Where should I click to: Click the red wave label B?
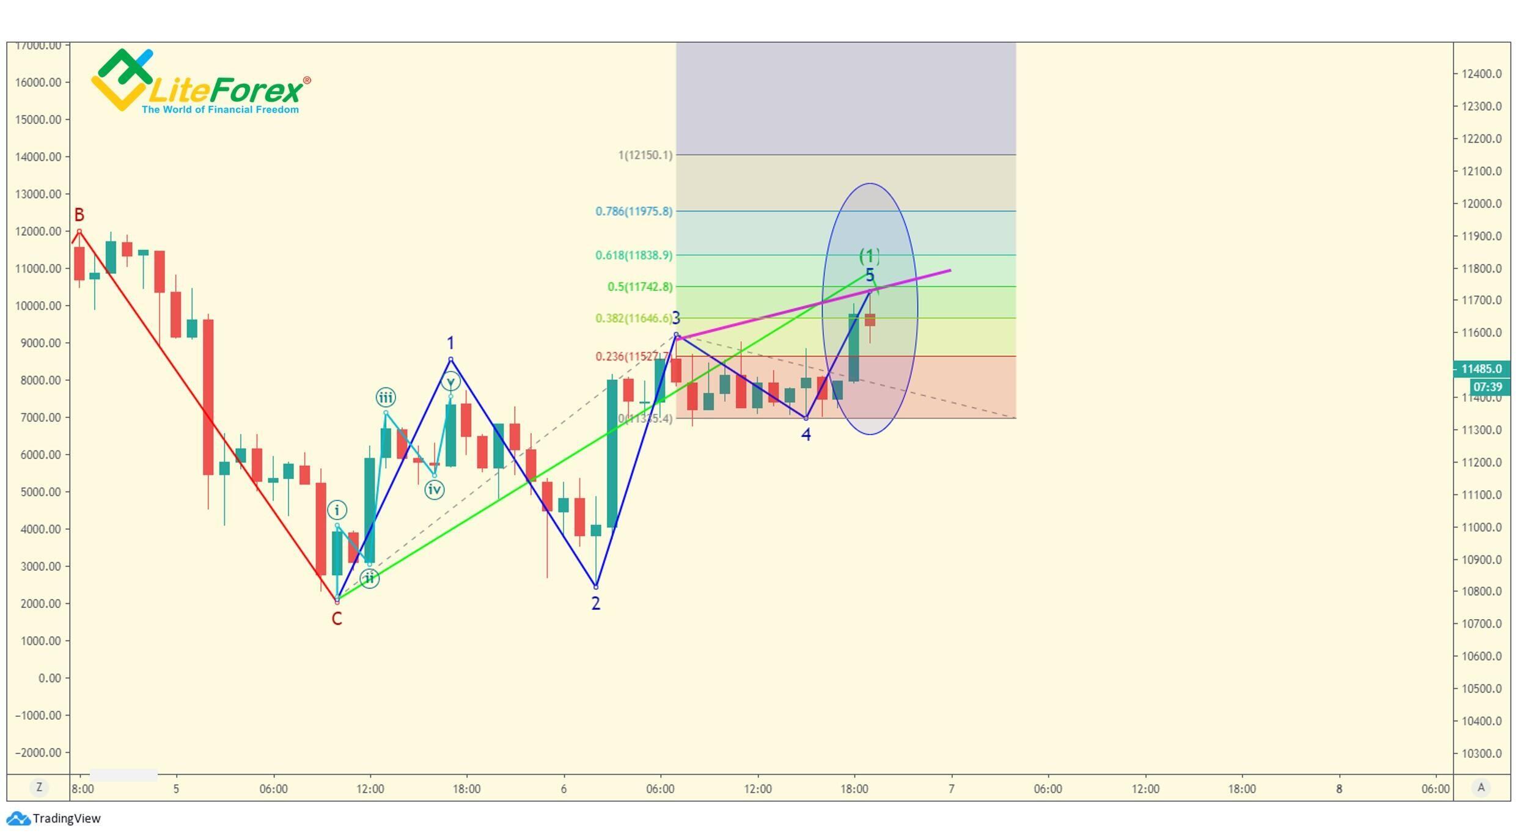click(79, 215)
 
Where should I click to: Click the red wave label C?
click(337, 619)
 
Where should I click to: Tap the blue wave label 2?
click(596, 604)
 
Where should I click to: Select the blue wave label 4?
click(806, 435)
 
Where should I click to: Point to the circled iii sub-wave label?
click(386, 398)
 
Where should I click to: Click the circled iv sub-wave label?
click(435, 490)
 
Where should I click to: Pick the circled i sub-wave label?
click(337, 510)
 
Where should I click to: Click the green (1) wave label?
click(870, 256)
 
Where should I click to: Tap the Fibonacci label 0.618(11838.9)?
click(634, 255)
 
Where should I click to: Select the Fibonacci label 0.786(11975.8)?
click(634, 211)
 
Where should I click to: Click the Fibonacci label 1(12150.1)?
click(645, 155)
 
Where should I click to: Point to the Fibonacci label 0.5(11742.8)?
click(640, 287)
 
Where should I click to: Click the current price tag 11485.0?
click(1482, 369)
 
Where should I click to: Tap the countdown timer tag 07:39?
click(1487, 387)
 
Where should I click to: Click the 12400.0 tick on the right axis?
click(1482, 74)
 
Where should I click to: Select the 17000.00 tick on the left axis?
click(38, 45)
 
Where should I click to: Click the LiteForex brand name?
click(225, 91)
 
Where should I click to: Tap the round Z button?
click(39, 788)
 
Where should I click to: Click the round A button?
click(1481, 788)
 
